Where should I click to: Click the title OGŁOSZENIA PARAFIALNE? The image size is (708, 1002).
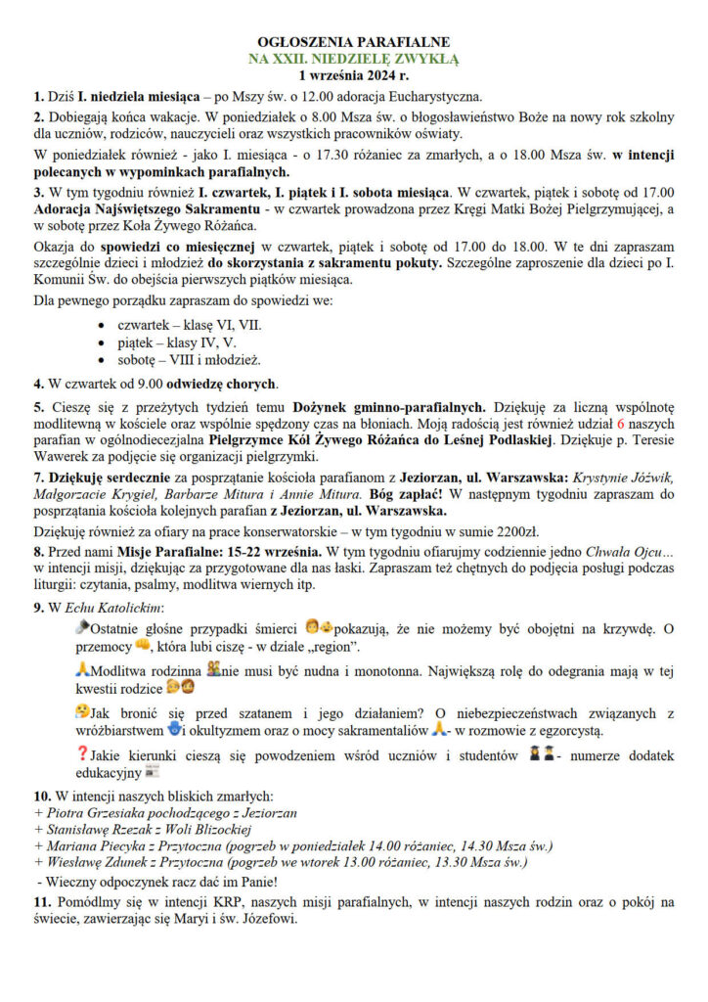pyautogui.click(x=353, y=42)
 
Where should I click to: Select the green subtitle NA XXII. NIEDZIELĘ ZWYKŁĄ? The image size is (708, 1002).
pyautogui.click(x=353, y=59)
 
